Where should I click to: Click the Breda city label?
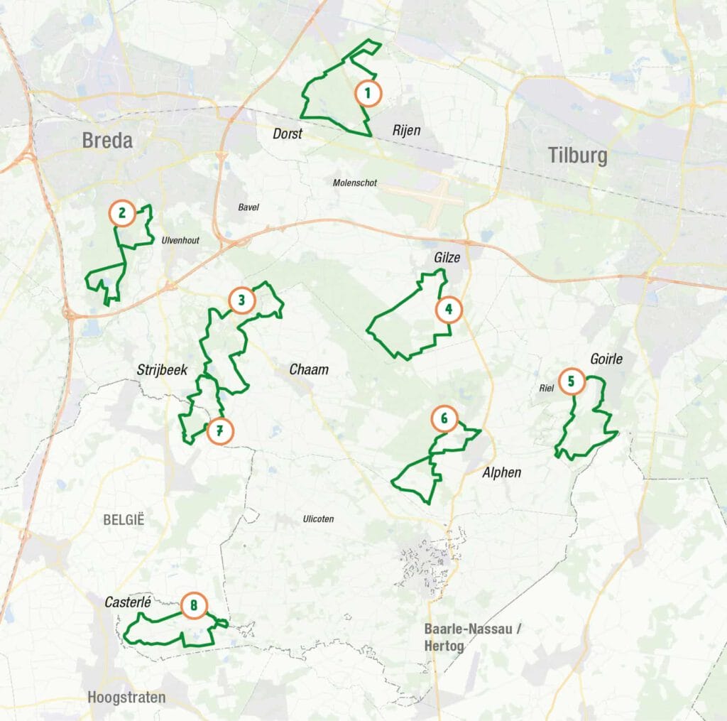pos(107,141)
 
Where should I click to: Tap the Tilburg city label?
pos(577,156)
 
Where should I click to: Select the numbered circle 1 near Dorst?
pos(368,93)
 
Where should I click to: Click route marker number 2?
pos(122,212)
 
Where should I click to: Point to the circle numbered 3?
pos(241,300)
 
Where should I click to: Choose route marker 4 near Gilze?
pos(449,310)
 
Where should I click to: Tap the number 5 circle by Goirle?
pos(572,381)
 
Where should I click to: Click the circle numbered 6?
pos(444,419)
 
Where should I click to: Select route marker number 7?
pos(219,430)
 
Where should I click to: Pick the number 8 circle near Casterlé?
pos(194,606)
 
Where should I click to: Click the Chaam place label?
pos(309,370)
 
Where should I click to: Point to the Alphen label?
pos(501,472)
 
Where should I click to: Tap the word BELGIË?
pos(124,520)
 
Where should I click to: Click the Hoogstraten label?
pos(126,698)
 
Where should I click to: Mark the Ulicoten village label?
pos(317,519)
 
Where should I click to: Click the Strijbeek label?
pos(161,370)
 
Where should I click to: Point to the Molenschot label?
pos(355,183)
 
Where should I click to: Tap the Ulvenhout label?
pos(180,240)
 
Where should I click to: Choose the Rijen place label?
pos(407,131)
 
